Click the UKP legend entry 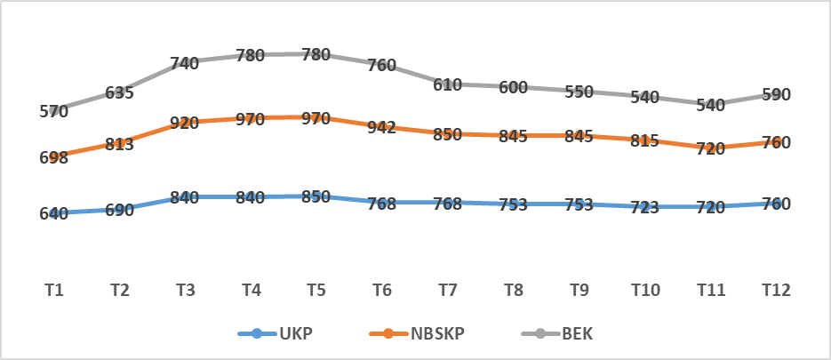pyautogui.click(x=275, y=334)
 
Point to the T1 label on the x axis pyautogui.click(x=53, y=290)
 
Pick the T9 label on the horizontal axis pyautogui.click(x=579, y=290)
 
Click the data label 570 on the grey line pyautogui.click(x=53, y=112)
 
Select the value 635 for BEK pyautogui.click(x=119, y=92)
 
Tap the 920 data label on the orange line pyautogui.click(x=185, y=123)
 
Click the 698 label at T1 pyautogui.click(x=53, y=157)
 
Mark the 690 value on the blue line pyautogui.click(x=119, y=210)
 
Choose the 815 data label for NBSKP pyautogui.click(x=644, y=140)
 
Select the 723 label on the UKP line pyautogui.click(x=644, y=207)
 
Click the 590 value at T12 pyautogui.click(x=776, y=94)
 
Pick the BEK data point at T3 pyautogui.click(x=185, y=61)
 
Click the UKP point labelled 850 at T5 pyautogui.click(x=316, y=196)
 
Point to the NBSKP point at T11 pyautogui.click(x=710, y=148)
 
